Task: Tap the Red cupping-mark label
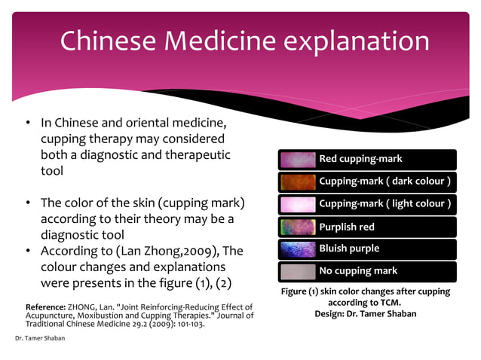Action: [x=360, y=159]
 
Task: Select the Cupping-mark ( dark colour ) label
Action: [x=385, y=182]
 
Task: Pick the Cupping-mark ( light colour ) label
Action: [x=385, y=204]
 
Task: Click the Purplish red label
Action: [x=347, y=227]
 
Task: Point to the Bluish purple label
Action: [x=349, y=249]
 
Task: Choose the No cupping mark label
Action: [x=358, y=271]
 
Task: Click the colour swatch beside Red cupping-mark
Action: [x=298, y=160]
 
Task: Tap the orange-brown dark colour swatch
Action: [x=298, y=182]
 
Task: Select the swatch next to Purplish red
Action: [x=298, y=227]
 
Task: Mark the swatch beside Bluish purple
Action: [x=298, y=249]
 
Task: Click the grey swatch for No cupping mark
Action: [x=298, y=271]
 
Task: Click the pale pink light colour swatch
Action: [x=298, y=204]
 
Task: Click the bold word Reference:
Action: [x=45, y=308]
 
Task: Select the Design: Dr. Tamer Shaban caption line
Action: [x=365, y=313]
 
